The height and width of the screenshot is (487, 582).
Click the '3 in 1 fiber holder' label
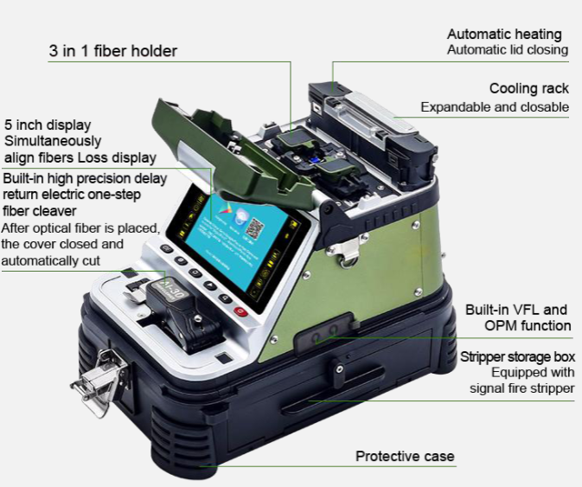coord(112,51)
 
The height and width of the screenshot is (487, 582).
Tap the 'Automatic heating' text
coord(504,34)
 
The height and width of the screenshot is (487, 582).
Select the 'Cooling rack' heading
coord(529,88)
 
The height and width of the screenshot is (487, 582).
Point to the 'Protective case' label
coord(405,456)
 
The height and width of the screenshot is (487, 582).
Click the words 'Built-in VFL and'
coord(516,310)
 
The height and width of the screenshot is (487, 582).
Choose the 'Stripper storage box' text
coord(517,356)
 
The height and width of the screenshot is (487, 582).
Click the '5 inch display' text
coord(48,125)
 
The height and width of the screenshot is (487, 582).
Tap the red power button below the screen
coord(240,311)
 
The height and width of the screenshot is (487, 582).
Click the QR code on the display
coord(254,228)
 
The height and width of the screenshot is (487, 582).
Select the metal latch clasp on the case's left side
coord(99,382)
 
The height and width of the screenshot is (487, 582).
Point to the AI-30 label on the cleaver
coord(173,289)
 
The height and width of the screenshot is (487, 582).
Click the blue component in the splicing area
coord(316,160)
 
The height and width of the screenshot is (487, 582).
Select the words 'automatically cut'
coord(51,260)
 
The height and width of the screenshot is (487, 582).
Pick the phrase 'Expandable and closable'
coord(495,107)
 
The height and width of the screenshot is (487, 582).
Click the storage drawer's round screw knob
coord(339,369)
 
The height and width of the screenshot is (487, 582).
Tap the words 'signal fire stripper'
coord(521,388)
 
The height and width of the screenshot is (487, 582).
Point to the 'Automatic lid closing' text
coord(508,50)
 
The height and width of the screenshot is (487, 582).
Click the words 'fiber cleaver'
coord(40,211)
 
